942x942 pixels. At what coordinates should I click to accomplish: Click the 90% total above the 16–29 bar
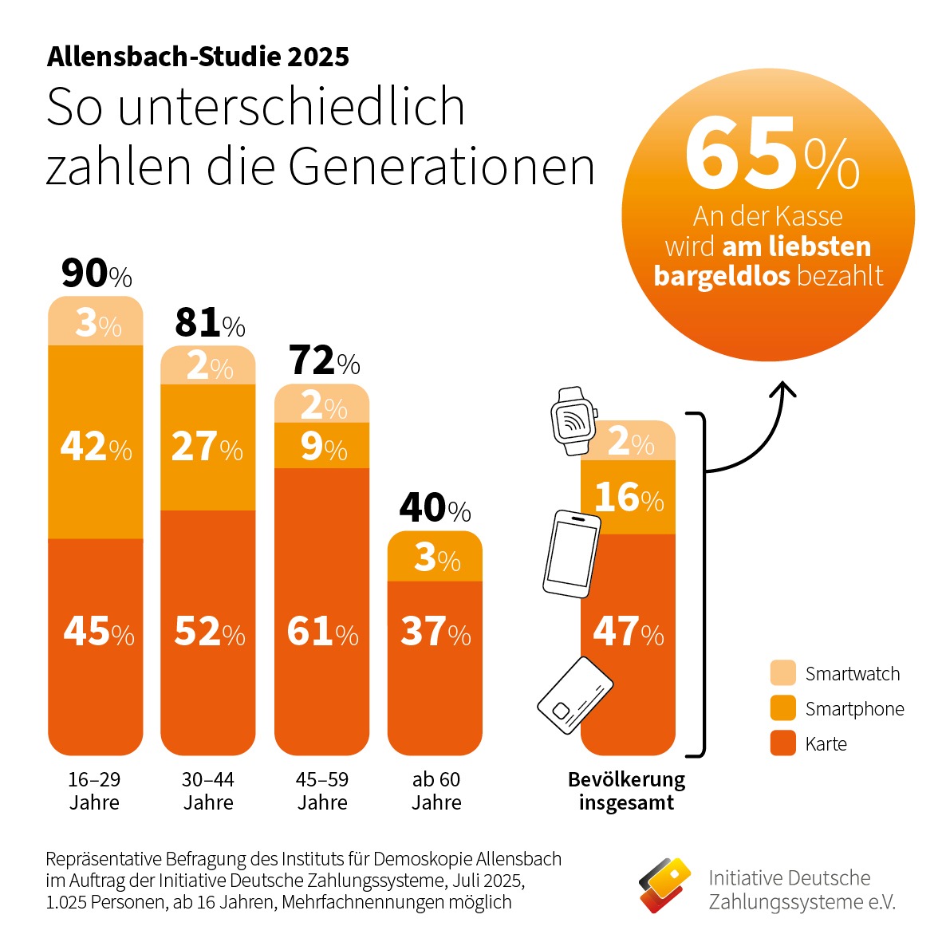click(97, 274)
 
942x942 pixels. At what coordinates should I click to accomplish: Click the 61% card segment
click(322, 632)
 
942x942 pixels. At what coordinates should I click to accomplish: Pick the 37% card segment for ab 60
click(436, 632)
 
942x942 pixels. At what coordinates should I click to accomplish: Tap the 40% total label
click(435, 508)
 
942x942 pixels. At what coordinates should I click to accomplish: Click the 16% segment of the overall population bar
click(629, 498)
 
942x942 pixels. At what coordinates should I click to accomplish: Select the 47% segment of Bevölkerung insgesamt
click(629, 632)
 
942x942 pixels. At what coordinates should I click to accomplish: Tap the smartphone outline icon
click(571, 554)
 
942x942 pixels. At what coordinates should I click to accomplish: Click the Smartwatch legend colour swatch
click(783, 673)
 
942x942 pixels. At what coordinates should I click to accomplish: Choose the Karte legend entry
click(826, 744)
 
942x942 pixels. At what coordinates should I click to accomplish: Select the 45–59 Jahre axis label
click(322, 790)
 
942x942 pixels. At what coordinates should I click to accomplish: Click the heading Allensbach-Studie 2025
click(198, 57)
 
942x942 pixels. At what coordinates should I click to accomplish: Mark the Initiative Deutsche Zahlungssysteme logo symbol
click(664, 885)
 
